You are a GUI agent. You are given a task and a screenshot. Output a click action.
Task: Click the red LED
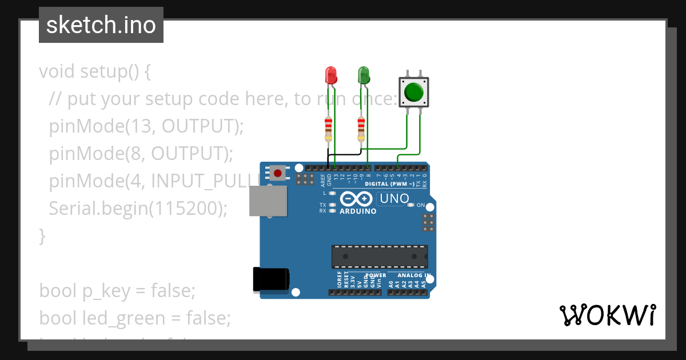pos(331,75)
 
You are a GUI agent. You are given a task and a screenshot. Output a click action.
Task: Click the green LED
pos(364,75)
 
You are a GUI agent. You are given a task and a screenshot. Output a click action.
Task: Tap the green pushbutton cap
pos(413,92)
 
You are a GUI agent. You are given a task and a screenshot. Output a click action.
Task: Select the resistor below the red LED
pos(328,129)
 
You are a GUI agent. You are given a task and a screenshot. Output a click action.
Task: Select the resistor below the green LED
pos(361,129)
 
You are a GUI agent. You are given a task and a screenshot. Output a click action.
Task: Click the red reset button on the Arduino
pos(278,173)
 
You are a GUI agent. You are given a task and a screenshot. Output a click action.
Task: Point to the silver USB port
pos(268,201)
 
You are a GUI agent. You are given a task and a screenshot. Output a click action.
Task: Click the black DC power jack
pos(271,280)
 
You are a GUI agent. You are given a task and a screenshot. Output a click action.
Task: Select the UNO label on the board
pos(394,198)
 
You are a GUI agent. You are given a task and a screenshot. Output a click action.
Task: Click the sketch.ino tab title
pos(101,25)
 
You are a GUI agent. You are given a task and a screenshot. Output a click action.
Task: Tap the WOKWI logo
pos(607,315)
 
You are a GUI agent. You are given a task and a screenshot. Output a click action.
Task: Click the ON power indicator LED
pos(410,205)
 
